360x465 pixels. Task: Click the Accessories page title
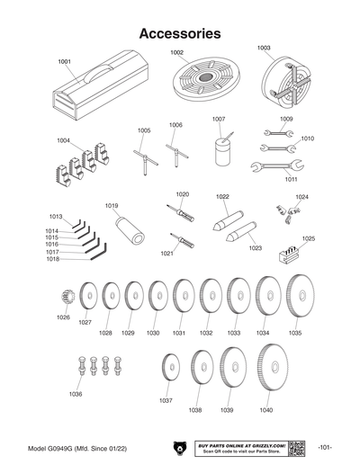click(180, 33)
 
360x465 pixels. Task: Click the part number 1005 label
click(143, 130)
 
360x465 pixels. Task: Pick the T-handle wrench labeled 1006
click(175, 149)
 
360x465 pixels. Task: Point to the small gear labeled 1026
click(66, 297)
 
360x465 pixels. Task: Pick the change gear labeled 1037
click(168, 369)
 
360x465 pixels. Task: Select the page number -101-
click(326, 447)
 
